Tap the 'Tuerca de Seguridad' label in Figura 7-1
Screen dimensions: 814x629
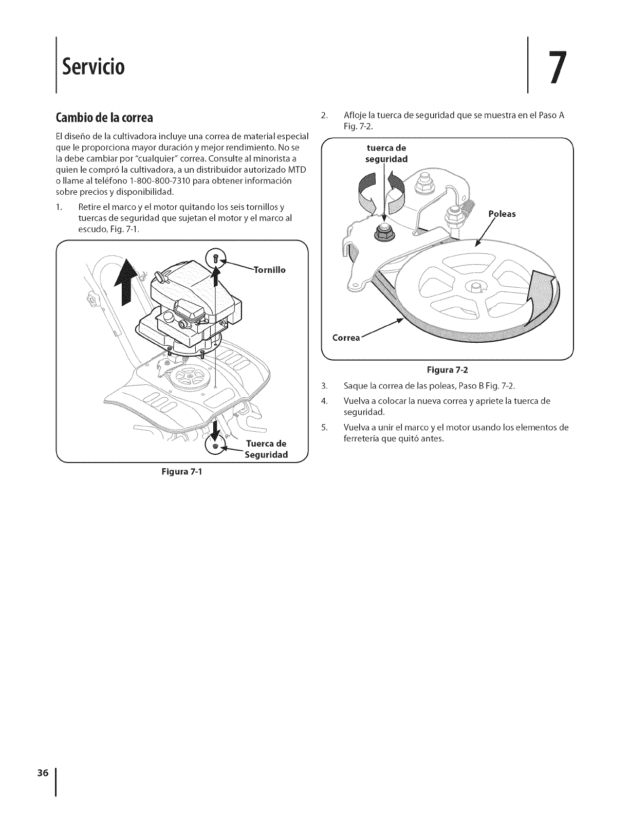pos(266,449)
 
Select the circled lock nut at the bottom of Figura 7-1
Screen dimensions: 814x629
pos(216,444)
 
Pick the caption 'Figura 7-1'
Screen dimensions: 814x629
pos(182,472)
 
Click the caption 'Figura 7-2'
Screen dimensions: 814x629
pos(446,368)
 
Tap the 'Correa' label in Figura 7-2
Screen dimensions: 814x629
pos(346,338)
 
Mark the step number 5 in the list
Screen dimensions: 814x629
pos(324,428)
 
